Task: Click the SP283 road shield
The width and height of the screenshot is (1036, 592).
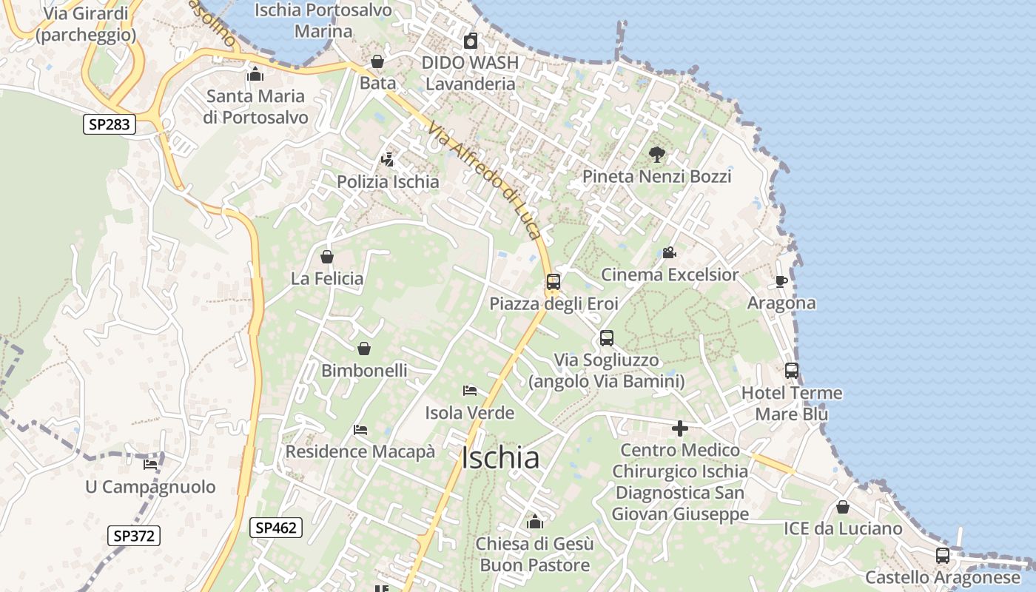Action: click(x=109, y=124)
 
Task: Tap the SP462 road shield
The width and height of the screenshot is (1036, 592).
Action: click(x=276, y=528)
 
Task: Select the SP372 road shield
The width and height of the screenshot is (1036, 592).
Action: click(x=134, y=536)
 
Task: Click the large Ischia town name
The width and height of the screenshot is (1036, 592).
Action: click(x=500, y=458)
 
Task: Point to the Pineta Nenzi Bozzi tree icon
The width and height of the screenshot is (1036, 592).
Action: click(x=656, y=155)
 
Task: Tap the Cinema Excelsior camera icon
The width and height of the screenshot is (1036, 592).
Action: click(x=669, y=253)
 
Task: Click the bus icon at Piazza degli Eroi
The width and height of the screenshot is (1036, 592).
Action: click(x=554, y=282)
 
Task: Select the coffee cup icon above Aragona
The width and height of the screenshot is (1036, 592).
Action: click(x=781, y=281)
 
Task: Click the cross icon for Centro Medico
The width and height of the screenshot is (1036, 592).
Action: click(x=679, y=428)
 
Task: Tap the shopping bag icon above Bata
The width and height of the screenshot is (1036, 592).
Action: click(x=377, y=61)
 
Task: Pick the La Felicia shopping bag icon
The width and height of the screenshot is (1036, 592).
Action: click(x=327, y=257)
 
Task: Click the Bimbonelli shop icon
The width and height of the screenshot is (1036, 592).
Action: click(x=364, y=349)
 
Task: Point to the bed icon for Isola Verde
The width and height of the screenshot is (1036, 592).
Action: click(x=469, y=391)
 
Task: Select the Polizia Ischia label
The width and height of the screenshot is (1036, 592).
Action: click(x=388, y=181)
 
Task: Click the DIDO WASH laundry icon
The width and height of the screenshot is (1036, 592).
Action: click(x=470, y=41)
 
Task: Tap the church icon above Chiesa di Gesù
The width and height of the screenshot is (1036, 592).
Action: click(x=534, y=522)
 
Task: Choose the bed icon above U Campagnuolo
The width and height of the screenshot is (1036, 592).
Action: click(x=150, y=465)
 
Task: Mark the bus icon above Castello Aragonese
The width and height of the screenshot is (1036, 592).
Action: click(x=942, y=555)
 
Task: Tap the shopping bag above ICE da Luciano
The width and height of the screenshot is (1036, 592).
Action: click(x=842, y=507)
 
